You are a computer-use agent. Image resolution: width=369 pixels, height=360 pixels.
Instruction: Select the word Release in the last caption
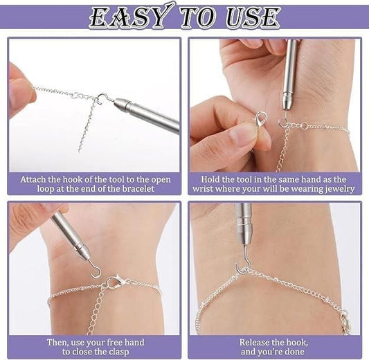click(255, 342)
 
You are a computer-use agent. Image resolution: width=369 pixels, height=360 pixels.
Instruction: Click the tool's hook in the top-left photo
click(102, 98)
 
